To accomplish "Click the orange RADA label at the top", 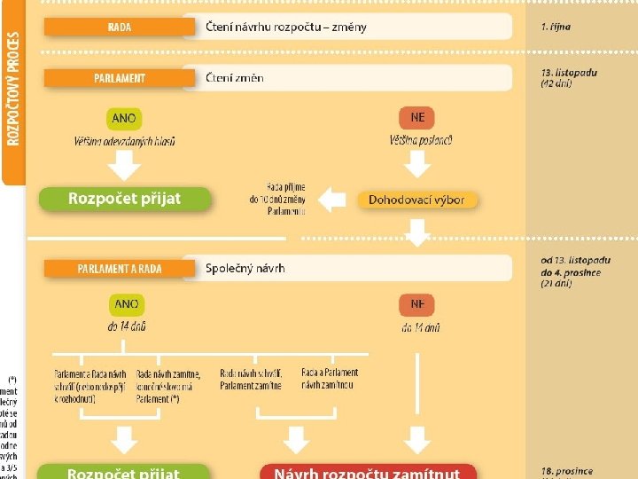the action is [119, 27].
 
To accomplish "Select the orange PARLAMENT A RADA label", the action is [119, 268].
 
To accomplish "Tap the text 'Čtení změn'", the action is [234, 78].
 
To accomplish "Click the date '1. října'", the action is [556, 27].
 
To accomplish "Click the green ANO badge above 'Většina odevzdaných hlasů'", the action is [125, 118].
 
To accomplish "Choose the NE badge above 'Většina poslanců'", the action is [416, 118].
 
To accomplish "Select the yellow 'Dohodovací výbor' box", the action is [416, 200].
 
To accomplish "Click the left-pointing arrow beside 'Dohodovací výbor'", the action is [331, 200].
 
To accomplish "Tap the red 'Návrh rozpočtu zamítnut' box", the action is [367, 472].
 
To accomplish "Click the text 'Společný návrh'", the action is [245, 268].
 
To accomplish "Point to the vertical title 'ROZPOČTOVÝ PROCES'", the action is [13, 89].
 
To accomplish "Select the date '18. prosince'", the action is [566, 471].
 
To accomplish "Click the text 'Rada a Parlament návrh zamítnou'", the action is [330, 379].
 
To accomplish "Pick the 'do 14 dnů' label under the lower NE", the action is [420, 327].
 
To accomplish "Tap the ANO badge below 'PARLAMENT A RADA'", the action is [126, 304].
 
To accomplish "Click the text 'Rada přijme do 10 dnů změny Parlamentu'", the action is [277, 200].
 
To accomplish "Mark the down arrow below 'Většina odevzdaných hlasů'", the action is [125, 163].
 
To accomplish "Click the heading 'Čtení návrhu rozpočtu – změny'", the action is [285, 27].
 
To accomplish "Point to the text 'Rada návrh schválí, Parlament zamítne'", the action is [253, 379].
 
